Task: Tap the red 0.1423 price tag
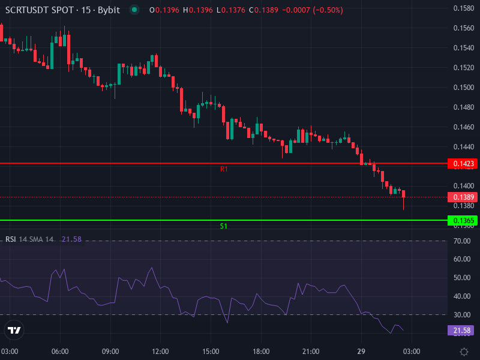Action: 463,164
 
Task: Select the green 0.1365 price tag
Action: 463,221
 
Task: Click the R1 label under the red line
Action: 224,170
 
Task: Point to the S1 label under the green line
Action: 224,226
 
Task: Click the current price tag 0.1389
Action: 463,197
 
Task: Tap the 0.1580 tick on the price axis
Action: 463,8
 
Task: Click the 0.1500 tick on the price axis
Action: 463,88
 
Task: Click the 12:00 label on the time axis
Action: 160,351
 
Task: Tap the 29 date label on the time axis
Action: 362,351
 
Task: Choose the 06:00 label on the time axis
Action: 60,351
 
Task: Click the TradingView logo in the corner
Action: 14,330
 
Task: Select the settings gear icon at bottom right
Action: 464,351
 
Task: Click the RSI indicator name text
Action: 11,239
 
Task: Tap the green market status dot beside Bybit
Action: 134,10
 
